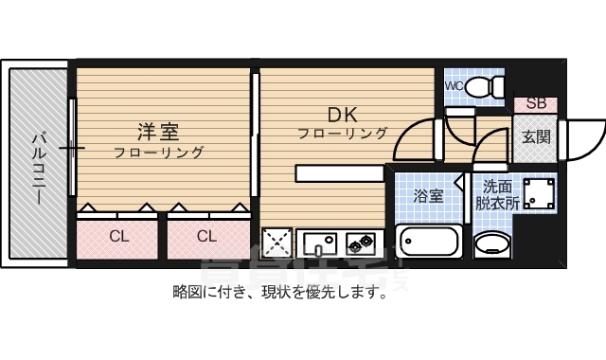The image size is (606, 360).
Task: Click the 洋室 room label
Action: pyautogui.click(x=158, y=131)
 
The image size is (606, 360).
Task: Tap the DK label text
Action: pyautogui.click(x=342, y=115)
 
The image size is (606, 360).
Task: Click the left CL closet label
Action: pyautogui.click(x=119, y=236)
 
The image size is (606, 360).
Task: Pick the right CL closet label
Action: pyautogui.click(x=207, y=236)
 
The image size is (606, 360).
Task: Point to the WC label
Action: pyautogui.click(x=454, y=86)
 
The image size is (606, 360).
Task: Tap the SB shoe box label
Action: pyautogui.click(x=535, y=103)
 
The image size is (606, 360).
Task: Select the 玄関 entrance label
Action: pyautogui.click(x=536, y=135)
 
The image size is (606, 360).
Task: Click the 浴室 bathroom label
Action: pyautogui.click(x=429, y=196)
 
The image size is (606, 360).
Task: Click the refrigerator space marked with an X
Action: pyautogui.click(x=276, y=243)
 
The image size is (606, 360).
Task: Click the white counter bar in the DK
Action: pyautogui.click(x=337, y=172)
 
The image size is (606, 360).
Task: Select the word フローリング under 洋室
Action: pyautogui.click(x=158, y=152)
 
